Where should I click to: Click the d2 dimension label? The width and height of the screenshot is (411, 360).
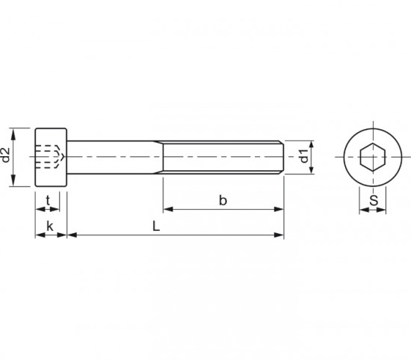point(6,155)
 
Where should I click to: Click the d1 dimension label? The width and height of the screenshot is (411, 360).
point(304,156)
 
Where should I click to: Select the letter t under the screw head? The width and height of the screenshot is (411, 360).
point(48,201)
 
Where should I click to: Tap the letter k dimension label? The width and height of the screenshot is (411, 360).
point(49,226)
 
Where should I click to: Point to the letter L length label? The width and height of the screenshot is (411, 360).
point(156,226)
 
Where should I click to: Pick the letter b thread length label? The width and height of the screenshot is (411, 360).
point(223,201)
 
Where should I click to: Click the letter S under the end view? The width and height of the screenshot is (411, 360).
point(374,201)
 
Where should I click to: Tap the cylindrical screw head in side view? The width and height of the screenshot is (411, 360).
point(51,157)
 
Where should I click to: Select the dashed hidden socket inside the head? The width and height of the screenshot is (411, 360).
point(49,157)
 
